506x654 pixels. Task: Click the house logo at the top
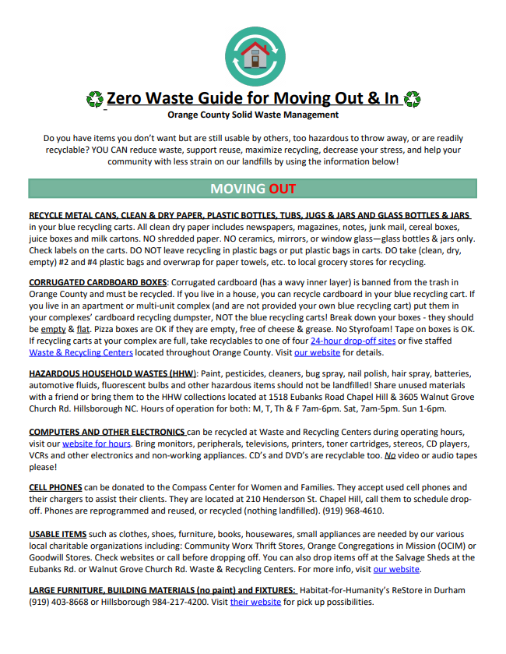[252, 54]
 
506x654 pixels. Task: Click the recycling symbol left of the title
[94, 99]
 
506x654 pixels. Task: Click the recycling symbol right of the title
[413, 99]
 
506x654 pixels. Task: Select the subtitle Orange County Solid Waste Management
[253, 115]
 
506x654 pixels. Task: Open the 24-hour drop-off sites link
[353, 341]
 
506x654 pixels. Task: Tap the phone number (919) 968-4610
[347, 511]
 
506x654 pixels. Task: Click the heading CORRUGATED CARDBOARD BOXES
[97, 281]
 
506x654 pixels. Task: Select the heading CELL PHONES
[54, 487]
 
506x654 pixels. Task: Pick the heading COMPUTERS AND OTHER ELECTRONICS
[107, 432]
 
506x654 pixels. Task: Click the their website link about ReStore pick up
[255, 602]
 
